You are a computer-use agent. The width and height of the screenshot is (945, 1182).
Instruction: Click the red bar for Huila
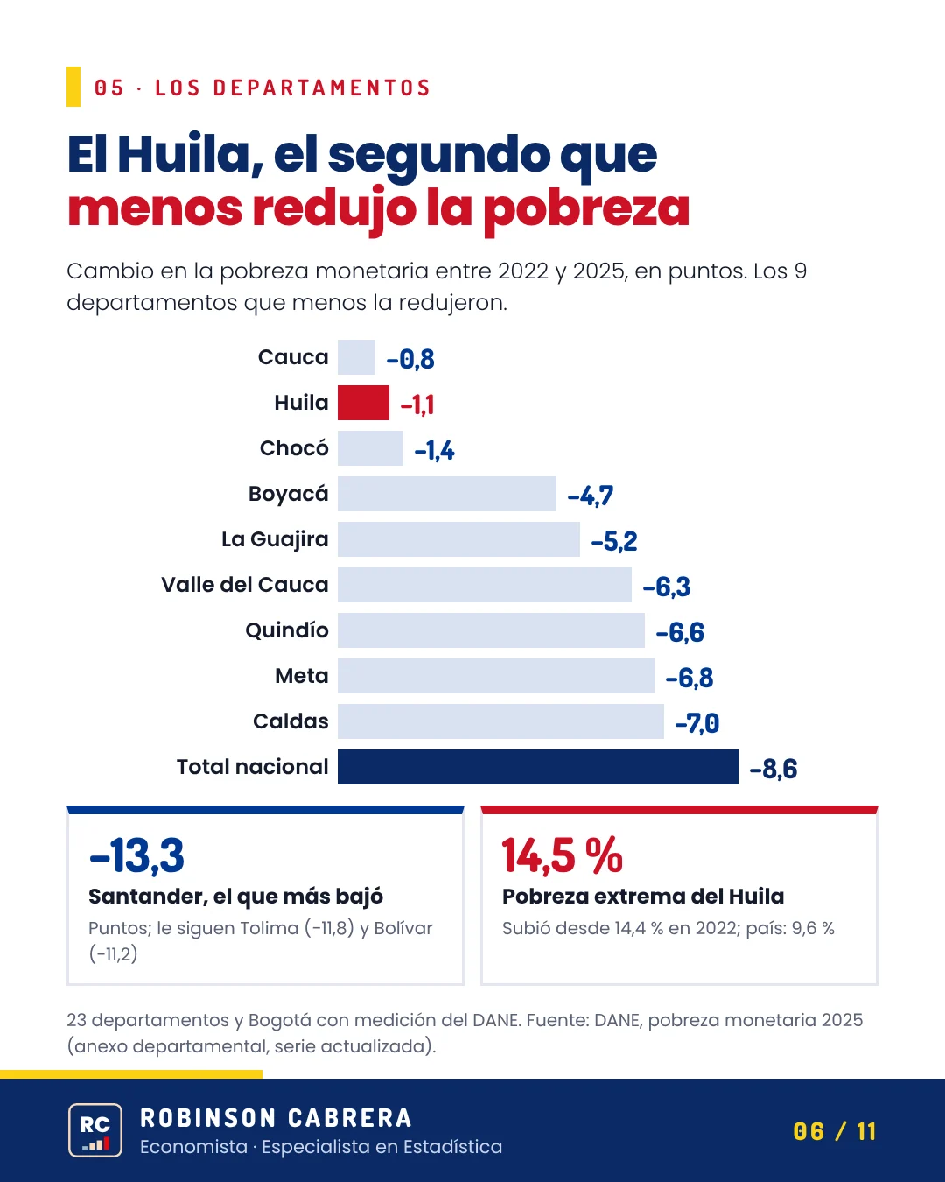(x=363, y=403)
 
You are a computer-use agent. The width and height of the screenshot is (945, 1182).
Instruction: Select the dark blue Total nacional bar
(x=537, y=767)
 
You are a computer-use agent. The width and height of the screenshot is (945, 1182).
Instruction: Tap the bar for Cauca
(x=356, y=357)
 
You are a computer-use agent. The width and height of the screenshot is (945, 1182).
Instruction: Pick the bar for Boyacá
(x=447, y=494)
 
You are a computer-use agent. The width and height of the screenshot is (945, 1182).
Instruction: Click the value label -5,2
(x=614, y=542)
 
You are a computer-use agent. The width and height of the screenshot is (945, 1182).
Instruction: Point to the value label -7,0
(x=696, y=723)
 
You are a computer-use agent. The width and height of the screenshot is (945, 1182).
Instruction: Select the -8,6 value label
(x=773, y=769)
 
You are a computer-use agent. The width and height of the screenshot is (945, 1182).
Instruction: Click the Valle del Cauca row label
(x=245, y=585)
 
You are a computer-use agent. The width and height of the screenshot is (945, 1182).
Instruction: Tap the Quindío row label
(x=287, y=630)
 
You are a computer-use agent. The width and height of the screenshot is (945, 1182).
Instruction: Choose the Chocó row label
(x=294, y=447)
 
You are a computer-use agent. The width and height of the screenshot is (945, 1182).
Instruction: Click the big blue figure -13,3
(x=136, y=855)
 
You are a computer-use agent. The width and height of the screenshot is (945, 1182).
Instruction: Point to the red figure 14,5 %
(x=563, y=855)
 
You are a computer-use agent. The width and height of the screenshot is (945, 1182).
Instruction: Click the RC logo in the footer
(x=95, y=1130)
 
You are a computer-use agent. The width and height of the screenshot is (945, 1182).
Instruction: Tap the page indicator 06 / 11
(x=835, y=1131)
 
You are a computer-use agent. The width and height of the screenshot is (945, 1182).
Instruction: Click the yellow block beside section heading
(x=73, y=87)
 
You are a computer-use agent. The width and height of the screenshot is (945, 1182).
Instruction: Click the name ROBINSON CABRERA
(x=276, y=1118)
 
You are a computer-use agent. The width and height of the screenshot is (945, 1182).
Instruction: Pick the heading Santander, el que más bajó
(x=235, y=897)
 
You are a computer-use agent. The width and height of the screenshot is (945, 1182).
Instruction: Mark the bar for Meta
(x=496, y=676)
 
